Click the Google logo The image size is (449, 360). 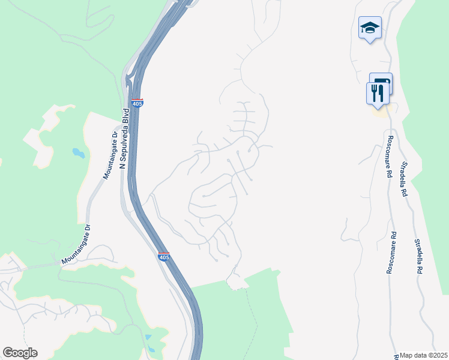20,353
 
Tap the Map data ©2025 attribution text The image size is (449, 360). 424,355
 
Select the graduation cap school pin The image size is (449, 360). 370,28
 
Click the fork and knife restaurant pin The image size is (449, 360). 377,94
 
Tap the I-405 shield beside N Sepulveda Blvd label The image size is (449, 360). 137,103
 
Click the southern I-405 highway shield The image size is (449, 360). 164,257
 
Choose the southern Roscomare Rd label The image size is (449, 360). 391,253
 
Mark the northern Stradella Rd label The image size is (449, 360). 405,179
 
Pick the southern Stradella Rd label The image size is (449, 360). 418,257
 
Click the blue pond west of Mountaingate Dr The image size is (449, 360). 79,153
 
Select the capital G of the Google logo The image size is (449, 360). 8,353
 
